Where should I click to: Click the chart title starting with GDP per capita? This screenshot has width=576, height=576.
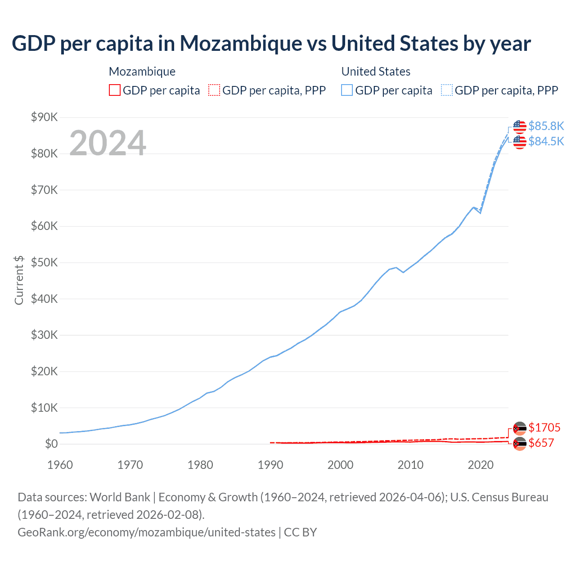(271, 44)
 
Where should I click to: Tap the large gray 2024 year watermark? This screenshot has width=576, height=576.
(108, 143)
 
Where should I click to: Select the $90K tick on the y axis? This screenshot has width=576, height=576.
(44, 117)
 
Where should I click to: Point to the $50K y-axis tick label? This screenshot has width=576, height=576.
(44, 263)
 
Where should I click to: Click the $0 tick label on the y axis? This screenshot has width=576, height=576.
(51, 444)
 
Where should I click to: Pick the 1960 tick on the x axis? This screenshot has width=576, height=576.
(60, 465)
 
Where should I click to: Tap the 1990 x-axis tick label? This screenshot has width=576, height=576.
(270, 465)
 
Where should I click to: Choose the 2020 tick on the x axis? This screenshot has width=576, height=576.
(481, 465)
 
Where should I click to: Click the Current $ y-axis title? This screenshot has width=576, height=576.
(19, 280)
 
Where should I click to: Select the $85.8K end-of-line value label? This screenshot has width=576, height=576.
(546, 126)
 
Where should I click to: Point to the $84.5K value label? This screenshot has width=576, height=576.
(546, 141)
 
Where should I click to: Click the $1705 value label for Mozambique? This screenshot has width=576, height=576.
(544, 427)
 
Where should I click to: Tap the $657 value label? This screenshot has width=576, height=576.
(541, 443)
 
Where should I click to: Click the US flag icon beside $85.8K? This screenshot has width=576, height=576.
(519, 126)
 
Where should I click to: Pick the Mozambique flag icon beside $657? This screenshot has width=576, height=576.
(519, 444)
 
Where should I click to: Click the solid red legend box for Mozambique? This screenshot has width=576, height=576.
(115, 90)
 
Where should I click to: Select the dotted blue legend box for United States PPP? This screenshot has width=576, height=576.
(447, 90)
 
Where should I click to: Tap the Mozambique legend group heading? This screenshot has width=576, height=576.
(142, 72)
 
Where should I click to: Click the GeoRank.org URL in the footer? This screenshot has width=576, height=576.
(146, 532)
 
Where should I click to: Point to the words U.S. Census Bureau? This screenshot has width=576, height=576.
(499, 497)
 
